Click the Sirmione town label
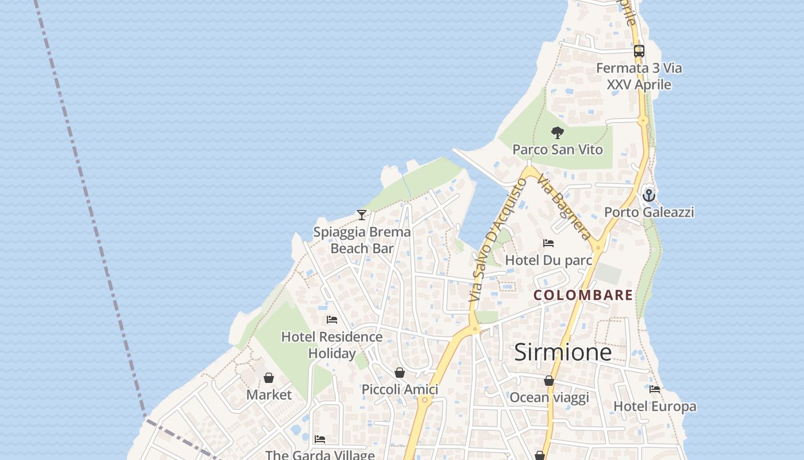pos(563,352)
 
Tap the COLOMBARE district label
pos(583,296)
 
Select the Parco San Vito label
pos(558,149)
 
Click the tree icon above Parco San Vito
pos(557,133)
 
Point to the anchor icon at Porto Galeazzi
pos(649,195)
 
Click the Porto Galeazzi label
pos(649,212)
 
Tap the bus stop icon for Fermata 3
pos(639,51)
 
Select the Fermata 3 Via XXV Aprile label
pos(639,76)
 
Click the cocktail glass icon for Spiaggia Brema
pos(362,215)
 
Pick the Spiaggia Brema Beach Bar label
pos(362,240)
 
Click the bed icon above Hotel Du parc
pos(548,243)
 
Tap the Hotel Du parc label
pos(548,260)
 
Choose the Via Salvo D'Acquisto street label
pos(497,240)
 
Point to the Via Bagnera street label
pos(565,207)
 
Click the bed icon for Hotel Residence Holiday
pos(332,320)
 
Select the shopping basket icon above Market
pos(269,378)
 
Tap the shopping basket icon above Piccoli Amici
pos(400,373)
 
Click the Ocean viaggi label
pos(549,397)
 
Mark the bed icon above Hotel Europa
pos(655,389)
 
